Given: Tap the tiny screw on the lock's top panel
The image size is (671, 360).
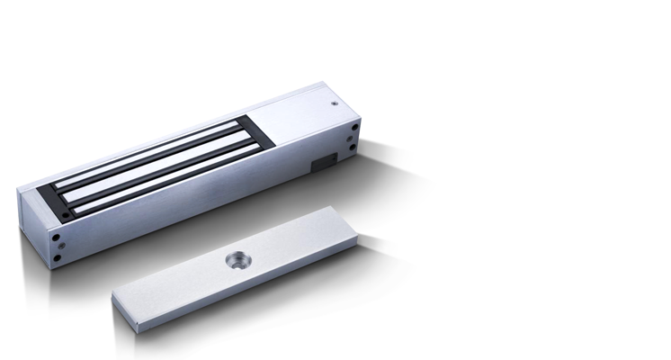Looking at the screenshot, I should click(334, 104).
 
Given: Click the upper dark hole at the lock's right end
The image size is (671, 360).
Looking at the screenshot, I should click(355, 127).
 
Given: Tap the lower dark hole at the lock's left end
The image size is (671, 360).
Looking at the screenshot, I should click(58, 257).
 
